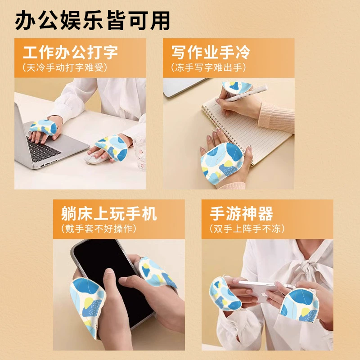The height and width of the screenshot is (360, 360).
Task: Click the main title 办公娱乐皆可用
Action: [93, 20]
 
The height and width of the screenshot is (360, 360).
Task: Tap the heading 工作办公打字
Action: [70, 52]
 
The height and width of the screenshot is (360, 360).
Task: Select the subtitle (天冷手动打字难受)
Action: [65, 67]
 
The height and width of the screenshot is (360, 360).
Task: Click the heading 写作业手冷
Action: [211, 52]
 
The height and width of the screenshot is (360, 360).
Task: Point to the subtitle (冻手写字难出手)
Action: [208, 67]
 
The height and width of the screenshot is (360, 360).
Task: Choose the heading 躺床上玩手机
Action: [109, 213]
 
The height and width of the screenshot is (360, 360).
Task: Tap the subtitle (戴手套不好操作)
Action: [99, 229]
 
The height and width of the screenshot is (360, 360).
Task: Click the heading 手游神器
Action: [242, 213]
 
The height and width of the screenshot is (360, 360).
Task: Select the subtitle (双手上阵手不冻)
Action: [247, 229]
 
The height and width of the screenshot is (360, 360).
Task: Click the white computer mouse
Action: [92, 158]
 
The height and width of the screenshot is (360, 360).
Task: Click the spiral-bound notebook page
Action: [248, 129]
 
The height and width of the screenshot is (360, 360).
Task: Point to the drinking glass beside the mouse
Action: [139, 154]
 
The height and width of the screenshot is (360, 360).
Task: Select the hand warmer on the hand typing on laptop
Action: [43, 127]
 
